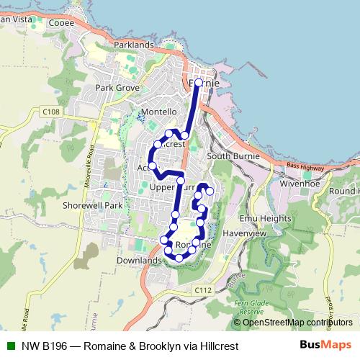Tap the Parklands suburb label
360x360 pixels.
point(134,45)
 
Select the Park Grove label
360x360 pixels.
point(117,88)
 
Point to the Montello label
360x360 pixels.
point(159,112)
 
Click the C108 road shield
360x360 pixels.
point(50,112)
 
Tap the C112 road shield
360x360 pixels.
point(203,289)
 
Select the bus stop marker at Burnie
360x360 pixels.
point(199,82)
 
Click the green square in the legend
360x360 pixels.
point(9,346)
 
